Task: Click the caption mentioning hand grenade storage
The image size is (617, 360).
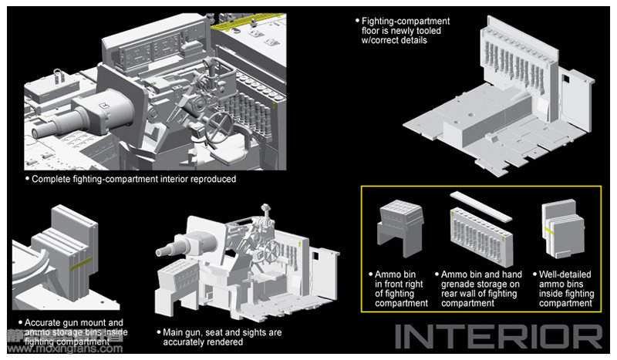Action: pyautogui.click(x=482, y=288)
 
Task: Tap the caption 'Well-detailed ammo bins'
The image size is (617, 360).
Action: pyautogui.click(x=568, y=288)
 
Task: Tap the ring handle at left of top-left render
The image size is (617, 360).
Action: pyautogui.click(x=58, y=73)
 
